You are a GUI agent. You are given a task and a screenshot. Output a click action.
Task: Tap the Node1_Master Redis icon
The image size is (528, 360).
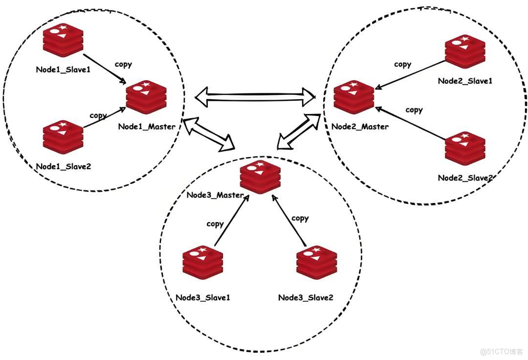(x=146, y=97)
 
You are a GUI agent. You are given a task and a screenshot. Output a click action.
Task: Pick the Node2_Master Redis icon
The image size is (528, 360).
(x=354, y=97)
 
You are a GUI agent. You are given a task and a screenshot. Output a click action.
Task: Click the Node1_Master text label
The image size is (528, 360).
(x=147, y=127)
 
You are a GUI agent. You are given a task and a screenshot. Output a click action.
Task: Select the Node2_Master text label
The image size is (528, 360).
(x=360, y=127)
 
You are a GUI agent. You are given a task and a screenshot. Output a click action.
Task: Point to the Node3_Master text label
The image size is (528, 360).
(x=215, y=195)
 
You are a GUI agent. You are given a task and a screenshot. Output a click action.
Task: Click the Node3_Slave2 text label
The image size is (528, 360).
(x=306, y=297)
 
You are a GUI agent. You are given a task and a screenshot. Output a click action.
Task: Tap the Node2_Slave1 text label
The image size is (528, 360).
(x=464, y=81)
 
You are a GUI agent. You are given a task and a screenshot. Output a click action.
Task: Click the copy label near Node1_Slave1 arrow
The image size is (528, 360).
(x=123, y=65)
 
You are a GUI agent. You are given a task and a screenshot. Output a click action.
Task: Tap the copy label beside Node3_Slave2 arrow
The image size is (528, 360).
(x=300, y=218)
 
